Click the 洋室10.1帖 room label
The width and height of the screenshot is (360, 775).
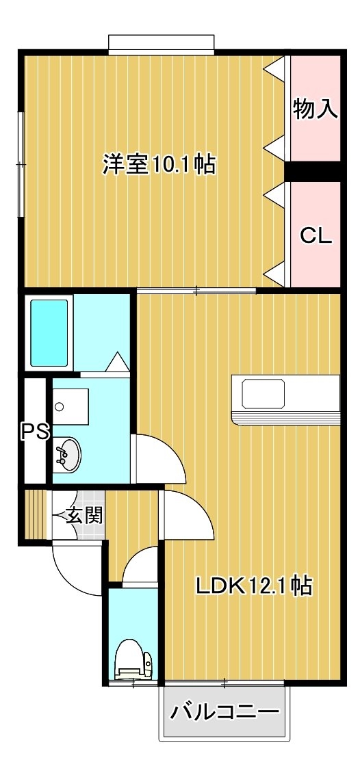coord(159,164)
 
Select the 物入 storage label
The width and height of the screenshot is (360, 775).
coord(316,109)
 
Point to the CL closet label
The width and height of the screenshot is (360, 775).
coord(316,237)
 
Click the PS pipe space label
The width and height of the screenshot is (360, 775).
coord(35,432)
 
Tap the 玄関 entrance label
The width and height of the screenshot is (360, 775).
coord(85,516)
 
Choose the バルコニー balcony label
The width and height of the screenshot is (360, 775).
coord(225,712)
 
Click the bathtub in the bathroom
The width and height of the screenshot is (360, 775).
coord(49,332)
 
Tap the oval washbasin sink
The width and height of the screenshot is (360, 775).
coord(67,454)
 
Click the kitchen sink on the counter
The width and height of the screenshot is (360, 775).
coord(263,393)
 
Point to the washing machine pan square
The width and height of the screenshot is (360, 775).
coord(70,406)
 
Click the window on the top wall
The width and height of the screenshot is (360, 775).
coord(162,43)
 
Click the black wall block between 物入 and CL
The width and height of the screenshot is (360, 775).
coord(313,171)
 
